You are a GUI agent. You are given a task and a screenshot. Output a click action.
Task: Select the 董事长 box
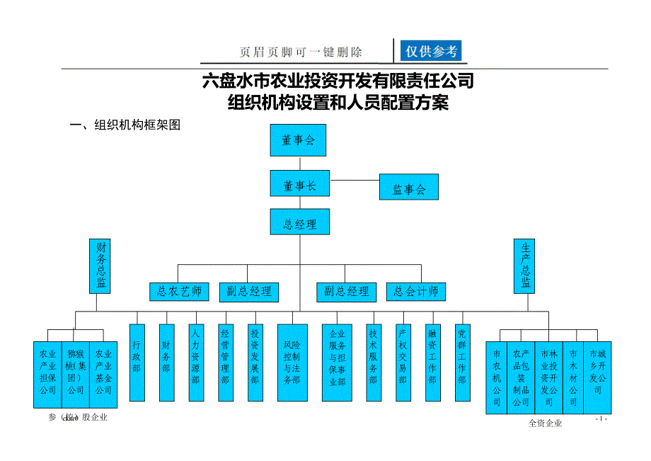click(299, 186)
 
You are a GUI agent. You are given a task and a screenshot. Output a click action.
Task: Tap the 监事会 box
click(408, 189)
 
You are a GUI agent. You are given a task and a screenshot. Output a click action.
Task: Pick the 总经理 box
click(299, 224)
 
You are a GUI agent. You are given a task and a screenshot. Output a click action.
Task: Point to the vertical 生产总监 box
click(524, 266)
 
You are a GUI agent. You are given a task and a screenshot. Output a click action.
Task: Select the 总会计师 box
click(416, 291)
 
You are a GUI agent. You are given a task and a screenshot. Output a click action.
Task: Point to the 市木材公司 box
click(573, 377)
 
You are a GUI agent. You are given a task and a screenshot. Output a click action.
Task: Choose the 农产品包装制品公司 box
click(522, 377)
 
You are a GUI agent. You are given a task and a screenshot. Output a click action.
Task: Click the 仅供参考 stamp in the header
click(431, 51)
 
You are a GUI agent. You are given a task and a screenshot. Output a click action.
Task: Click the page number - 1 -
click(601, 419)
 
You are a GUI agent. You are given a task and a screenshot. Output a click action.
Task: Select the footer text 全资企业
click(545, 423)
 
